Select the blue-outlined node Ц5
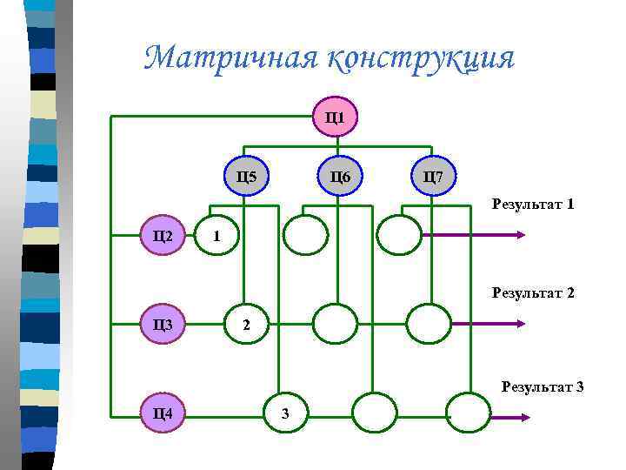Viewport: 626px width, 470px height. click(247, 178)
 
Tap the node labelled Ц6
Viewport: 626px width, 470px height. click(340, 178)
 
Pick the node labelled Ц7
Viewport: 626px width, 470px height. click(432, 178)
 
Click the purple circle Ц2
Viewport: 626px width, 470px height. click(163, 235)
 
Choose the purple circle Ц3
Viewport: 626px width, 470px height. click(163, 325)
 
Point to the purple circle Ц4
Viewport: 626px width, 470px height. click(163, 413)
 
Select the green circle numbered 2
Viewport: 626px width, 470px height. click(247, 325)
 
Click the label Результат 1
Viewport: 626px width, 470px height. click(533, 205)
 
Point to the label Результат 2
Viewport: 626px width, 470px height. click(533, 293)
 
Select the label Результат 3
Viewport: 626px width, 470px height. click(542, 386)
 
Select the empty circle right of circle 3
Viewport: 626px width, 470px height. click(374, 413)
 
